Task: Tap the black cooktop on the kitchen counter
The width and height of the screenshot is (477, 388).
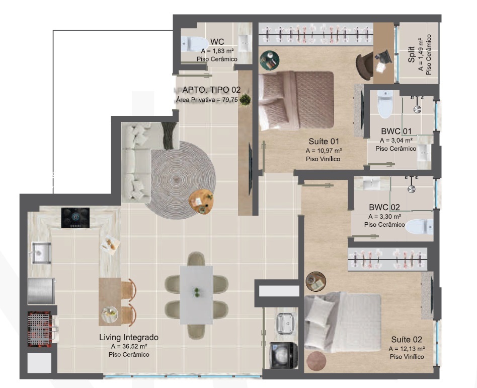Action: click(75, 218)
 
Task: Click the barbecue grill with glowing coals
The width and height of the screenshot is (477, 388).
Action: click(39, 329)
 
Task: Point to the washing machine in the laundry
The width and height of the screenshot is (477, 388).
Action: click(283, 355)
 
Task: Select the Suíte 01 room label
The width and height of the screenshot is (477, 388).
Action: click(324, 141)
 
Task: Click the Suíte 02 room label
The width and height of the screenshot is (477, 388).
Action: click(407, 340)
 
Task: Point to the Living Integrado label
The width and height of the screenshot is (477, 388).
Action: click(129, 338)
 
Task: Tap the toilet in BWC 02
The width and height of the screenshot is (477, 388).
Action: click(419, 227)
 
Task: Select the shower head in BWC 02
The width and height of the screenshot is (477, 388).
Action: click(411, 189)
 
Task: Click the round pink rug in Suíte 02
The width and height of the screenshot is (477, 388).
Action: click(316, 361)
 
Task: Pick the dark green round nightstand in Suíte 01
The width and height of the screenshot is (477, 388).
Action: click(269, 60)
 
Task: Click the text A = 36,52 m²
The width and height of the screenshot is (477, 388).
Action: click(129, 346)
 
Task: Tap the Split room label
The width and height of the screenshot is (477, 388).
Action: click(411, 54)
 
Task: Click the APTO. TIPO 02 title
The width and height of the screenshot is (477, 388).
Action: click(211, 90)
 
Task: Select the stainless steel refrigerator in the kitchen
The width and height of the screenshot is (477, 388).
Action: click(41, 291)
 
